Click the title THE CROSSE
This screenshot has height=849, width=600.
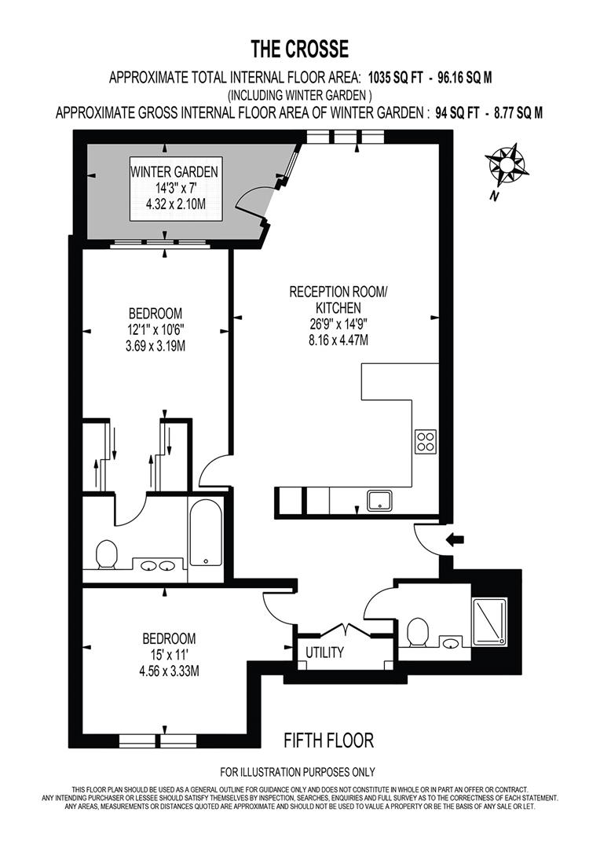click(x=299, y=50)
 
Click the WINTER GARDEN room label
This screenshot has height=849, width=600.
click(x=174, y=172)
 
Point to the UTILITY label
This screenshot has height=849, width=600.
click(x=324, y=652)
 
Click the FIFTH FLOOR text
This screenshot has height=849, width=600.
click(x=328, y=740)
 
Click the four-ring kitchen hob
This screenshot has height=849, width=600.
click(x=426, y=443)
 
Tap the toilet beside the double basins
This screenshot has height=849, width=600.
click(x=106, y=555)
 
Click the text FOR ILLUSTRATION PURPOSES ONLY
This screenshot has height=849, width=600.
click(x=298, y=771)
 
